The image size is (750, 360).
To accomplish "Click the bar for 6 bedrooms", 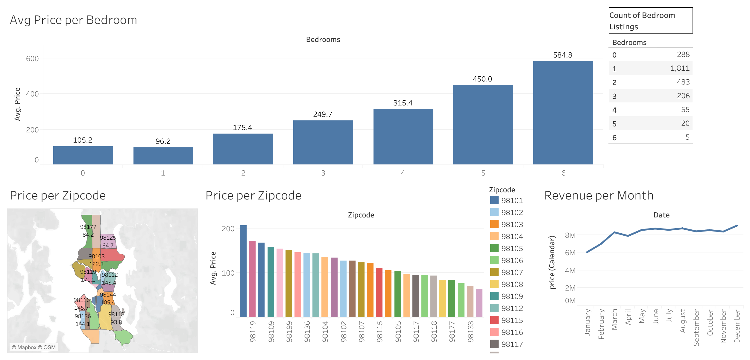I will click(563, 113).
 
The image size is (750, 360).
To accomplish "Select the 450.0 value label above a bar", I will click(482, 79).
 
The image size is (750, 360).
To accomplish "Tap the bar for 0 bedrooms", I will click(83, 155).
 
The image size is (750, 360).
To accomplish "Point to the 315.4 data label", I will click(403, 103).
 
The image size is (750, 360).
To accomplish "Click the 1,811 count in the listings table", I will click(680, 68).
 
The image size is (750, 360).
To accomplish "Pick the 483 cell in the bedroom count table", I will click(683, 82).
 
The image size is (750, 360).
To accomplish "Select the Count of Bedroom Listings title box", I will click(651, 21).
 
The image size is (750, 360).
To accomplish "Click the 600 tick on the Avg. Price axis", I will click(32, 59).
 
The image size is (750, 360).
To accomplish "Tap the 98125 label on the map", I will click(108, 238).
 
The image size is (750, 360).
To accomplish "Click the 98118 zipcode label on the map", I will click(116, 314).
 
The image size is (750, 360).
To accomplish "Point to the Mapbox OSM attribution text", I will click(34, 347).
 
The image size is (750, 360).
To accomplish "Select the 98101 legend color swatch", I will click(494, 200).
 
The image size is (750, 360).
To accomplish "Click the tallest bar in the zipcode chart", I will click(243, 271).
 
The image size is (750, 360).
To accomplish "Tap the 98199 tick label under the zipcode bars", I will click(289, 332).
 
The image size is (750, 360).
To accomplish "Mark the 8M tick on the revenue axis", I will click(570, 235).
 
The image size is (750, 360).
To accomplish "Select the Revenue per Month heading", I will click(599, 196).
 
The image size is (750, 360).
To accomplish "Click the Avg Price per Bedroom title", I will click(74, 20).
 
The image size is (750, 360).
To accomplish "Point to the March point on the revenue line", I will click(614, 232).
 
